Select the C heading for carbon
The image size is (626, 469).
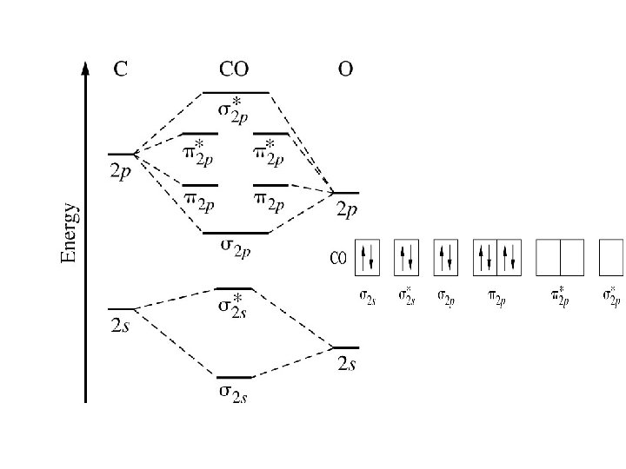click(122, 69)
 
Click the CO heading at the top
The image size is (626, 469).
click(235, 69)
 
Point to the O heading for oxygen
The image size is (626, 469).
click(345, 69)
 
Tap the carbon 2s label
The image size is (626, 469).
click(121, 325)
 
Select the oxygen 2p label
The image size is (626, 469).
click(347, 209)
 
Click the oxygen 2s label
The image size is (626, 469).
click(346, 364)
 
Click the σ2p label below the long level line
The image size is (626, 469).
click(236, 249)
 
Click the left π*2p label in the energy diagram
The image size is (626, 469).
click(199, 153)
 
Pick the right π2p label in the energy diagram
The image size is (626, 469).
click(270, 201)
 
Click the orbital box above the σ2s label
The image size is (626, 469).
click(368, 257)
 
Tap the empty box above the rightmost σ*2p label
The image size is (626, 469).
click(611, 257)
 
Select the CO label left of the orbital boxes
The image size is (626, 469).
click(338, 258)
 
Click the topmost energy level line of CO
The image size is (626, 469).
click(235, 91)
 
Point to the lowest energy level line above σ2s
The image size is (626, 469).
click(234, 378)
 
